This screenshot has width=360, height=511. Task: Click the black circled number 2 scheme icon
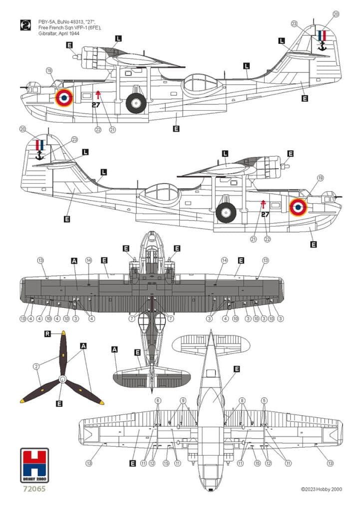[x=24, y=24]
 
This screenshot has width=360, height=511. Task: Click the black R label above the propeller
[x=48, y=334]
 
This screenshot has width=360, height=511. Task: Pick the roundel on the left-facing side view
[x=63, y=98]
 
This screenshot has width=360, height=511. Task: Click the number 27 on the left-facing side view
[x=96, y=105]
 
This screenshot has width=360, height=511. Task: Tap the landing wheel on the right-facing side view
[x=226, y=213]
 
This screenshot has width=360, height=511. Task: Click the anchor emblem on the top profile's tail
[x=322, y=46]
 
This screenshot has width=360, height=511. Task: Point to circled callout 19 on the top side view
[x=48, y=71]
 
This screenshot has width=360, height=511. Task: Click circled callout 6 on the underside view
[x=158, y=400]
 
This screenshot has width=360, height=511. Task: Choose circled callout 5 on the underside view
[x=264, y=400]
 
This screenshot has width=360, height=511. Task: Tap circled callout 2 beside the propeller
[x=36, y=366]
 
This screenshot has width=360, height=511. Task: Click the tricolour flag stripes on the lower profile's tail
[x=40, y=145]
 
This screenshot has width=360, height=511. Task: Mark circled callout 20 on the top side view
[x=336, y=14]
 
